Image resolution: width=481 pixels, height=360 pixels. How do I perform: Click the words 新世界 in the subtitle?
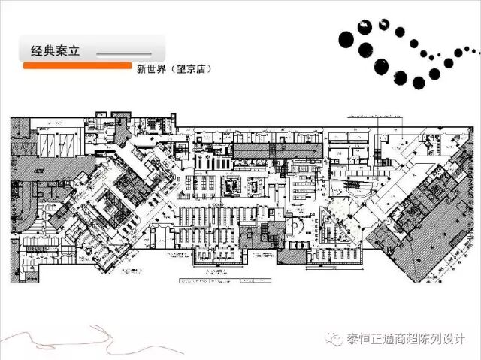click(150, 69)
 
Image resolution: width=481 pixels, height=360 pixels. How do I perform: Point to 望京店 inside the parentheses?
click(191, 69)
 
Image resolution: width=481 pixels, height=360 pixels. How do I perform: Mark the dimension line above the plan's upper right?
click(376, 116)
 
